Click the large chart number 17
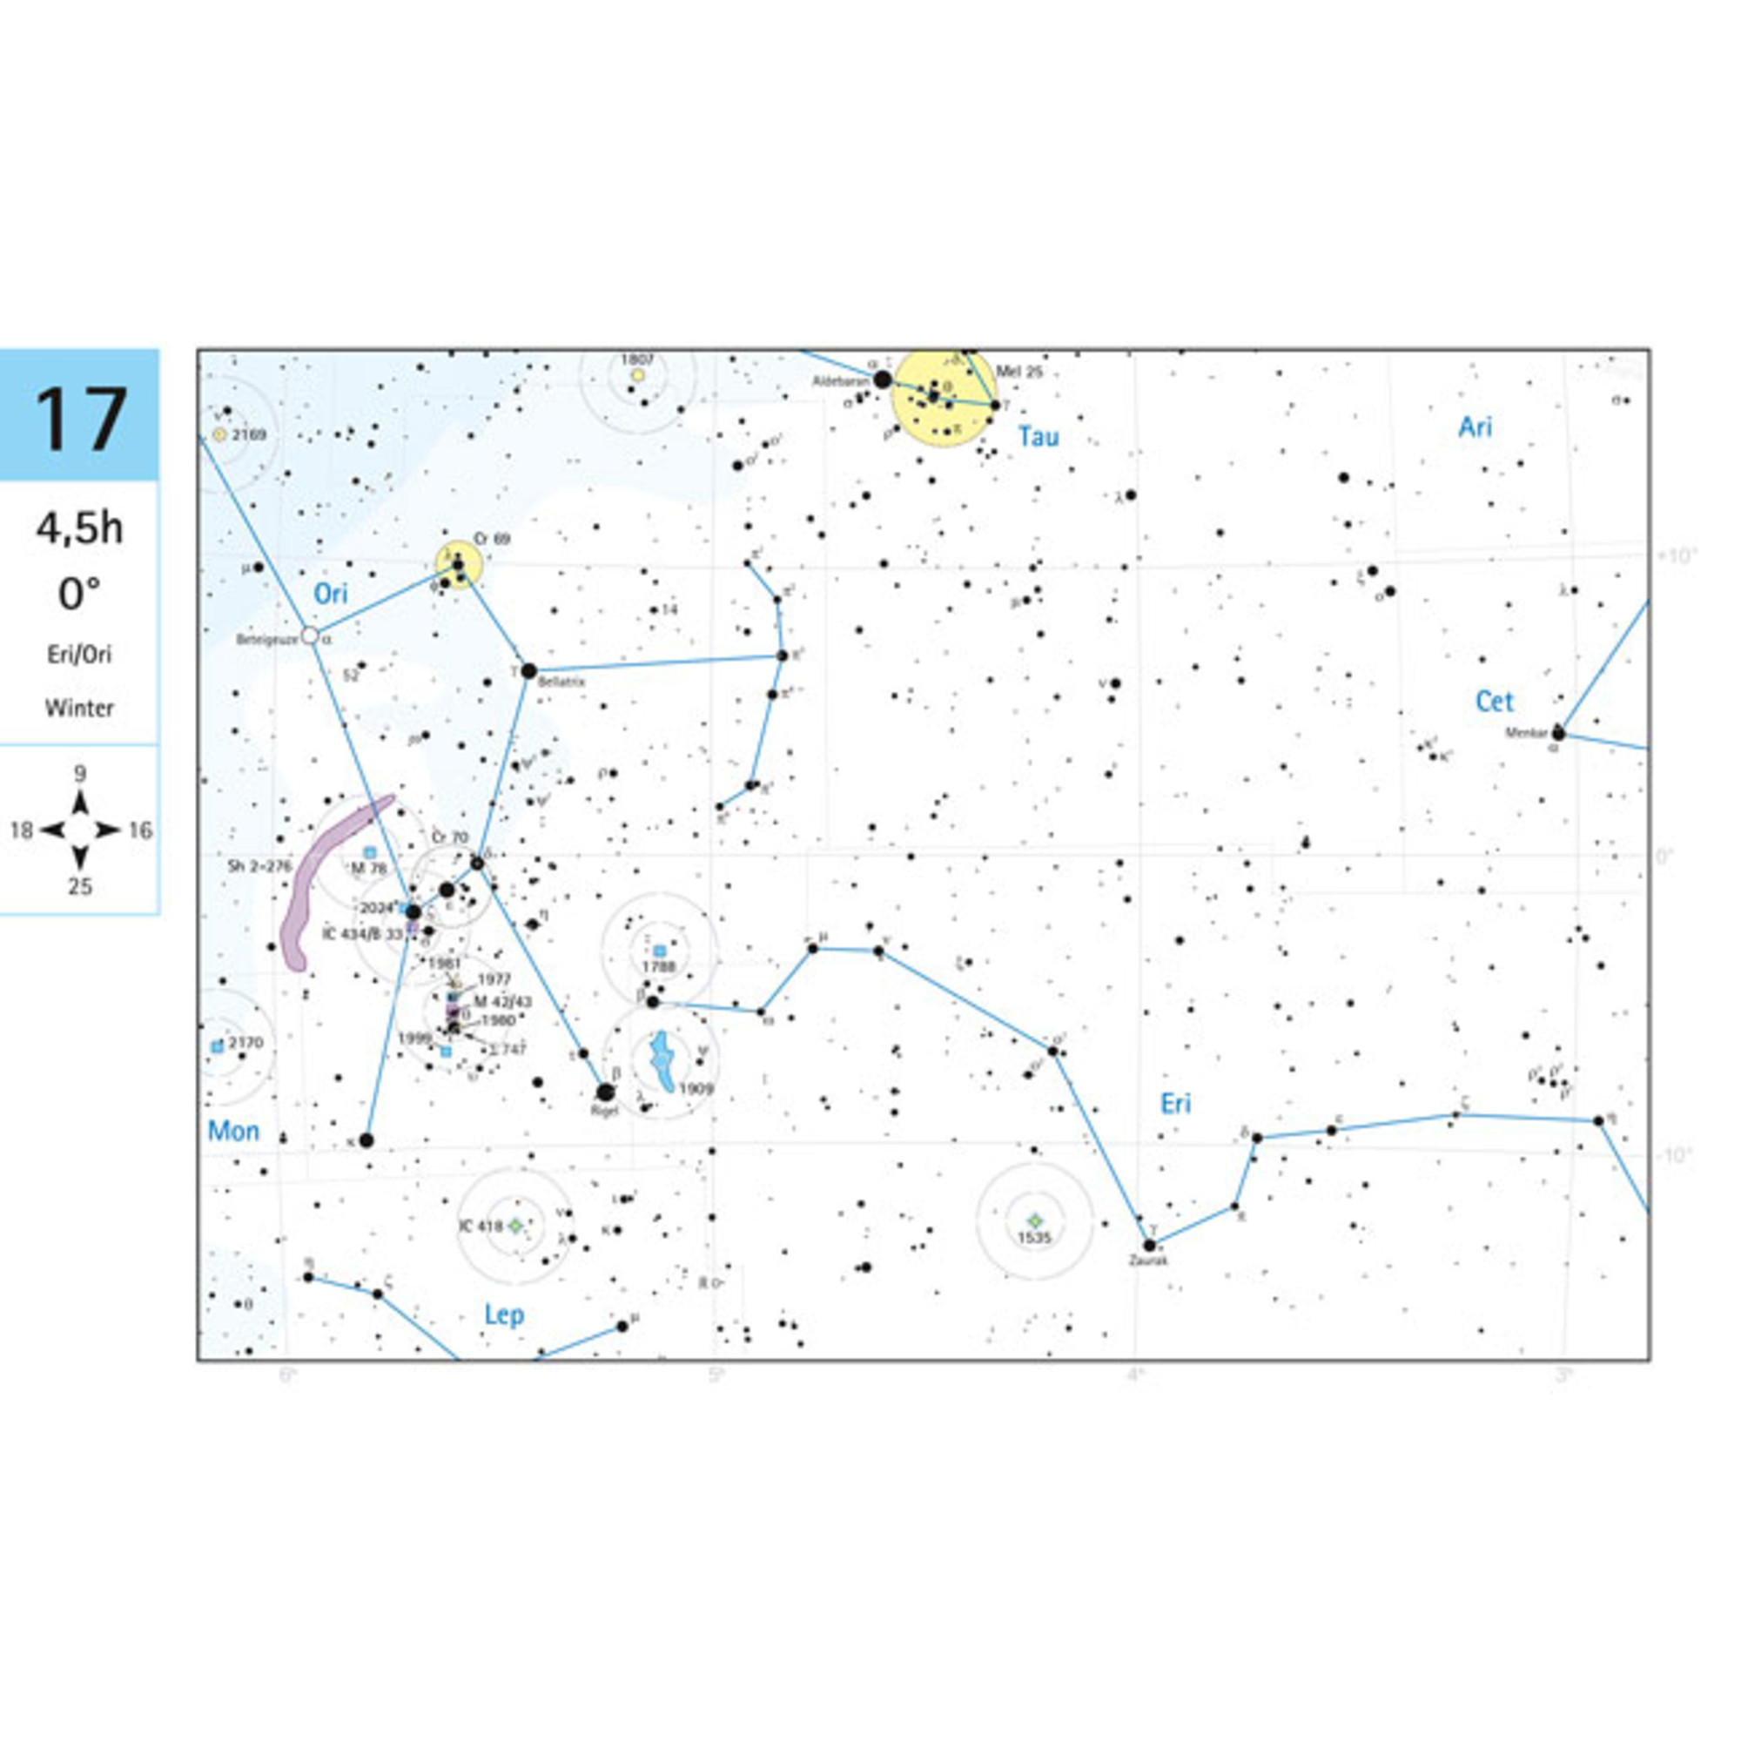(79, 419)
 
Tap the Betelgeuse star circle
(310, 635)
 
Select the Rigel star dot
(606, 1092)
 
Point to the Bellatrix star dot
(529, 670)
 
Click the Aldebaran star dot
(883, 380)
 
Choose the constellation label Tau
(1039, 437)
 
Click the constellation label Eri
(1175, 1104)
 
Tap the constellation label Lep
(504, 1314)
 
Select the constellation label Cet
(1494, 701)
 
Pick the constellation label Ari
(1475, 427)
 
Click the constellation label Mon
(233, 1131)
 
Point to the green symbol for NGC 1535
(1034, 1220)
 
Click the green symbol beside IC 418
(515, 1226)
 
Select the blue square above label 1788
(660, 951)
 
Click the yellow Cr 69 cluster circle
(460, 565)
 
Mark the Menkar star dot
(1558, 734)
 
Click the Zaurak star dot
(1150, 1246)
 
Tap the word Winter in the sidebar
(79, 709)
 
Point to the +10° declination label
(1676, 555)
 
